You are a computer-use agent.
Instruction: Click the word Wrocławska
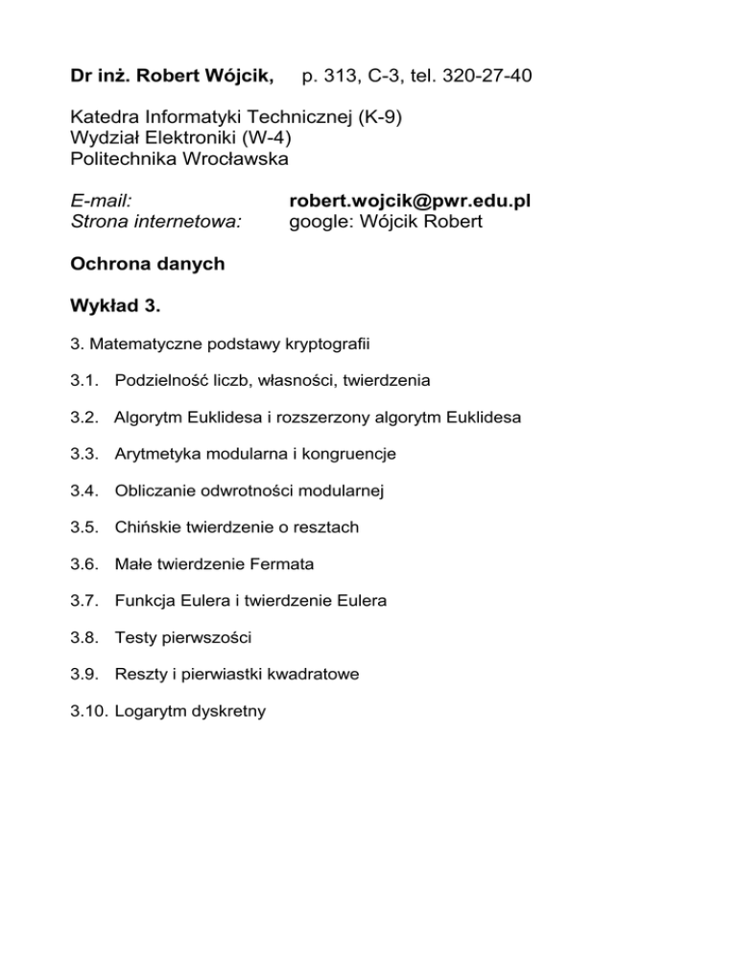tap(234, 157)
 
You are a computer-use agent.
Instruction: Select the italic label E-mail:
tap(102, 203)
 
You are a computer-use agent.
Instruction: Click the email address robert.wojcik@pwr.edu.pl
tap(410, 203)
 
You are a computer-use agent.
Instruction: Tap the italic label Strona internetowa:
tap(156, 223)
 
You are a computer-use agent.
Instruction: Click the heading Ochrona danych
tap(148, 265)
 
